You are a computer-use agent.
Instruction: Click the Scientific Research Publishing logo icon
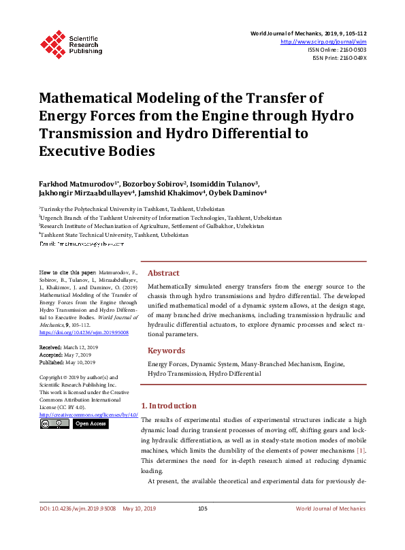click(52, 42)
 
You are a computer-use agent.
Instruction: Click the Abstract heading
click(163, 272)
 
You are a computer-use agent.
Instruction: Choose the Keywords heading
click(166, 351)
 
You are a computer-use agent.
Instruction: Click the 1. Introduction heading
click(173, 406)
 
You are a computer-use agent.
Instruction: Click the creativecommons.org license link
click(88, 414)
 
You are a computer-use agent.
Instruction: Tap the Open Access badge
click(90, 423)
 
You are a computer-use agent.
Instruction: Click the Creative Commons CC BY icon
click(54, 423)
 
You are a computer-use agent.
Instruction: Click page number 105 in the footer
click(202, 528)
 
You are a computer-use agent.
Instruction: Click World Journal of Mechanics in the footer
click(330, 528)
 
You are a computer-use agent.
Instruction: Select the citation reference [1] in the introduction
click(361, 451)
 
